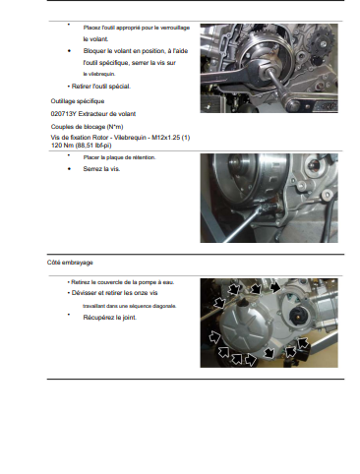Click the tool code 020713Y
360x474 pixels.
click(64, 114)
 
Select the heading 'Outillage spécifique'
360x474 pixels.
click(78, 101)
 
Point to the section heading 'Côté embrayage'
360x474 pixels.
click(70, 263)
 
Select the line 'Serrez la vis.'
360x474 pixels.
click(101, 169)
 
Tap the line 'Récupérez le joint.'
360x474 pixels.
click(110, 318)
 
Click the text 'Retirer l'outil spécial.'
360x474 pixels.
click(101, 87)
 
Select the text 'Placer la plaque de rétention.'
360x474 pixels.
click(119, 157)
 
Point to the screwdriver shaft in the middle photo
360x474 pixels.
click(242, 225)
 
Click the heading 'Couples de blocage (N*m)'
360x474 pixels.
click(87, 127)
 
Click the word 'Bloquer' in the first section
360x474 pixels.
click(94, 51)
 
